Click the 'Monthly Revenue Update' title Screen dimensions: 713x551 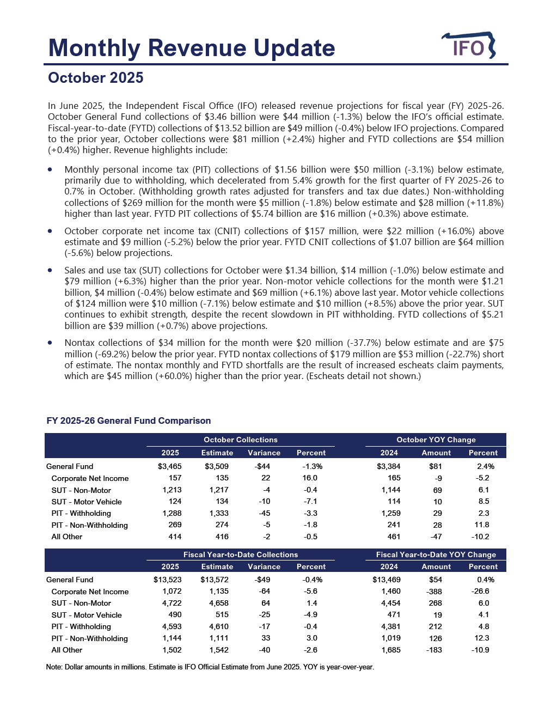click(x=192, y=48)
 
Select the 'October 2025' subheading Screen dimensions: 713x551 click(x=96, y=78)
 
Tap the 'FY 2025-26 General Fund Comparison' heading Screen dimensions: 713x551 click(x=128, y=421)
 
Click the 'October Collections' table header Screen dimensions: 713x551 click(x=241, y=440)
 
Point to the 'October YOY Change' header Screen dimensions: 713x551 click(x=436, y=440)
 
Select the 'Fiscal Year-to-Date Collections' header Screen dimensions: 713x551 click(x=241, y=554)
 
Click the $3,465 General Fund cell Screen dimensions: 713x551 click(x=170, y=466)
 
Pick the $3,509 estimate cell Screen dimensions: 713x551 click(x=217, y=466)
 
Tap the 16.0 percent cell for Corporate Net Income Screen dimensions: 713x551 click(x=310, y=478)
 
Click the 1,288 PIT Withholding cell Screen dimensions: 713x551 click(x=172, y=513)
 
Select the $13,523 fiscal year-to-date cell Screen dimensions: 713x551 click(x=168, y=580)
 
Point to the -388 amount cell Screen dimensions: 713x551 click(x=434, y=592)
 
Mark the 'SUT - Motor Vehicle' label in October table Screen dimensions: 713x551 click(x=87, y=502)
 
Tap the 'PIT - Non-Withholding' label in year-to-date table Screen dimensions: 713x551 click(x=90, y=638)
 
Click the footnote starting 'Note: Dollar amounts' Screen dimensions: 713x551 click(x=210, y=667)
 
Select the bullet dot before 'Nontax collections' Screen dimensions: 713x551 click(x=50, y=343)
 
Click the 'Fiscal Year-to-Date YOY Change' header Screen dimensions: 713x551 click(x=436, y=554)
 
